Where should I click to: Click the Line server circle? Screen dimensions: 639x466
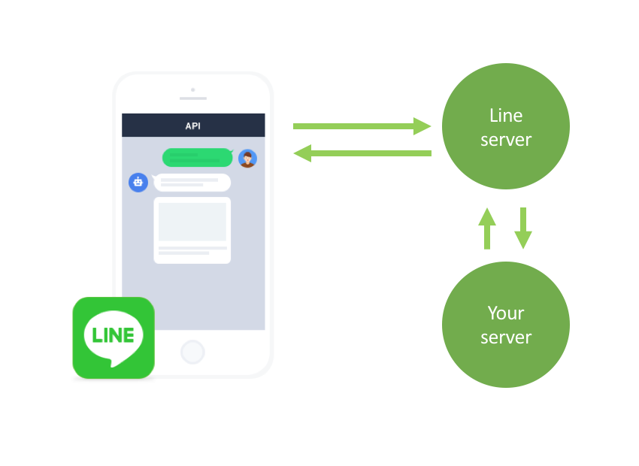[505, 127]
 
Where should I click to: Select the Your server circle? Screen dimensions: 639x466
[505, 324]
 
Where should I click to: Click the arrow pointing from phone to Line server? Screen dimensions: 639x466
[361, 126]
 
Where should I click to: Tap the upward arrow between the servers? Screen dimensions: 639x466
[487, 228]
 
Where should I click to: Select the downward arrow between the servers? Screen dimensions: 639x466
[523, 228]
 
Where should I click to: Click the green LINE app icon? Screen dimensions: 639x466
[114, 337]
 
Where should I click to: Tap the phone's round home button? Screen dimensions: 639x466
[192, 352]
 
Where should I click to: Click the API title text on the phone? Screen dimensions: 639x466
[193, 126]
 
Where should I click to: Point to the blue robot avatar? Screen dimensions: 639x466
[138, 182]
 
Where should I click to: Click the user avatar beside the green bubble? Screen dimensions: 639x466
[247, 159]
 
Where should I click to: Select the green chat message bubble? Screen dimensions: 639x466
[197, 158]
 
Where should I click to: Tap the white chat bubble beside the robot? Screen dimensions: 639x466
[192, 183]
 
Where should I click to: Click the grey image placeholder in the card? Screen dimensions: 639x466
[192, 222]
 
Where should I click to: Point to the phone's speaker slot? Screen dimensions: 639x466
[192, 98]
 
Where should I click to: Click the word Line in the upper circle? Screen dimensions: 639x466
[505, 116]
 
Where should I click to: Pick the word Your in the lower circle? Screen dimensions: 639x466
[505, 313]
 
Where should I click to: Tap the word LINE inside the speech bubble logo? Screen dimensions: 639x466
[114, 334]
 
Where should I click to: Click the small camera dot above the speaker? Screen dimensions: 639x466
[192, 89]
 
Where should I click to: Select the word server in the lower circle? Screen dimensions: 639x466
[505, 337]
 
